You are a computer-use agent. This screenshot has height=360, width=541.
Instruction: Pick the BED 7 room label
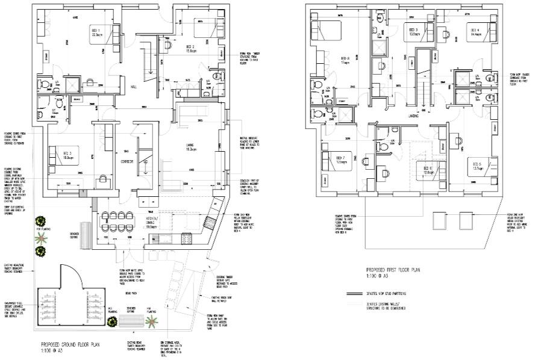339,158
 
